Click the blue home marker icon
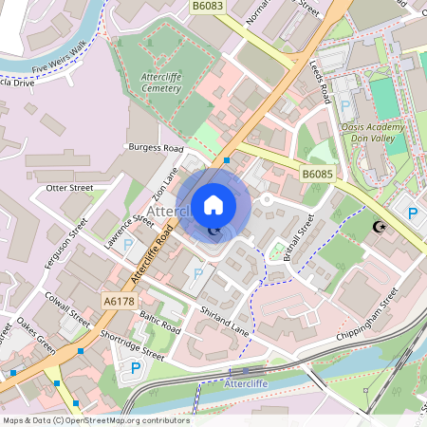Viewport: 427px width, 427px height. pos(213,204)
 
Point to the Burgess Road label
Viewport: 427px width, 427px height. pos(154,149)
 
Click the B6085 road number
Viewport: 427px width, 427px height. pos(317,175)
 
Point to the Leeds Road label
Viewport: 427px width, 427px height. pos(319,81)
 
